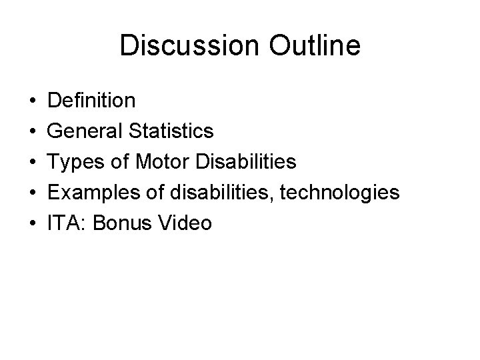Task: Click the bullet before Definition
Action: coord(32,102)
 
